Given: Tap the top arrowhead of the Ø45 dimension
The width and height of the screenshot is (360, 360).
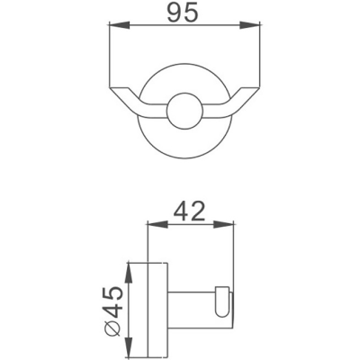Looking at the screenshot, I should (131, 267).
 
